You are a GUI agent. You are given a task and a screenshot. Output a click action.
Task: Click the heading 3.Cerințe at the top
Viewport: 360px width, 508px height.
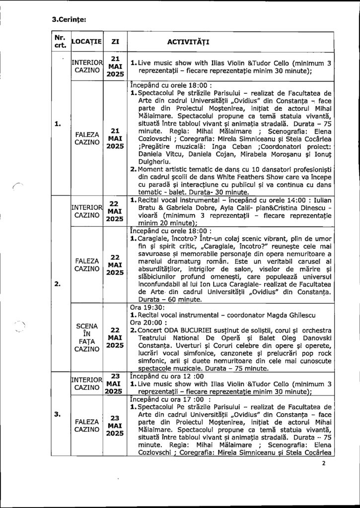click(70, 20)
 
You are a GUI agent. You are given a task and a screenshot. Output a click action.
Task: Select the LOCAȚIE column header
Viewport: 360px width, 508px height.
click(87, 40)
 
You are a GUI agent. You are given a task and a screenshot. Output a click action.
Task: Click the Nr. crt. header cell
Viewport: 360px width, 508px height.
click(61, 40)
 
